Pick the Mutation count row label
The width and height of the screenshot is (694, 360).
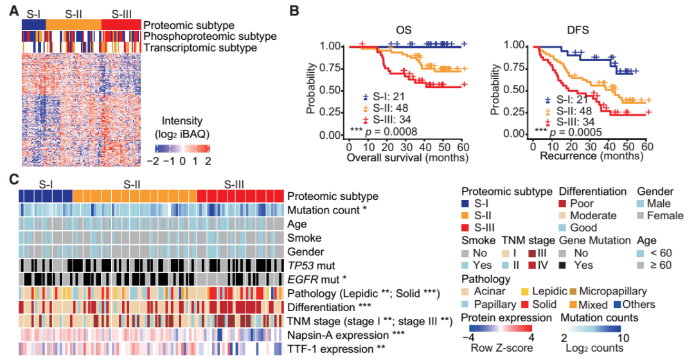pyautogui.click(x=326, y=210)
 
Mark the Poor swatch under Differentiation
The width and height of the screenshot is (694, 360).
pyautogui.click(x=565, y=204)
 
